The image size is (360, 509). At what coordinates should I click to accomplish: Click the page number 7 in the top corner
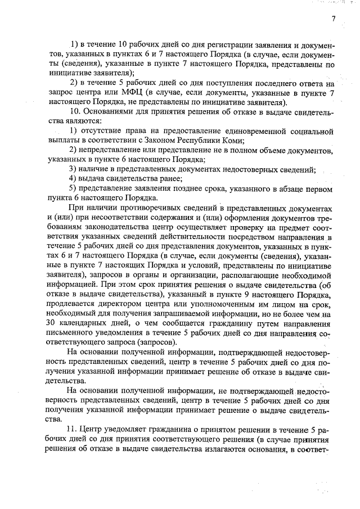333,19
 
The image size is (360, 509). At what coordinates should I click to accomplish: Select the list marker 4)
73,178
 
